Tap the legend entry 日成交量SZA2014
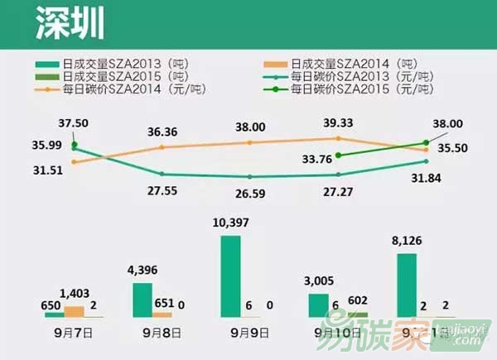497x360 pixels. coord(343,62)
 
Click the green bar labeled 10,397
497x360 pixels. coord(231,276)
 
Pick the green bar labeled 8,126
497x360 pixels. coord(406,285)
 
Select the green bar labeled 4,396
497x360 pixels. coord(142,300)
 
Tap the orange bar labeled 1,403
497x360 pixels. coord(74,311)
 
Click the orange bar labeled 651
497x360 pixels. coord(162,314)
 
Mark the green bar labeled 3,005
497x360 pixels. coord(318,305)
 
